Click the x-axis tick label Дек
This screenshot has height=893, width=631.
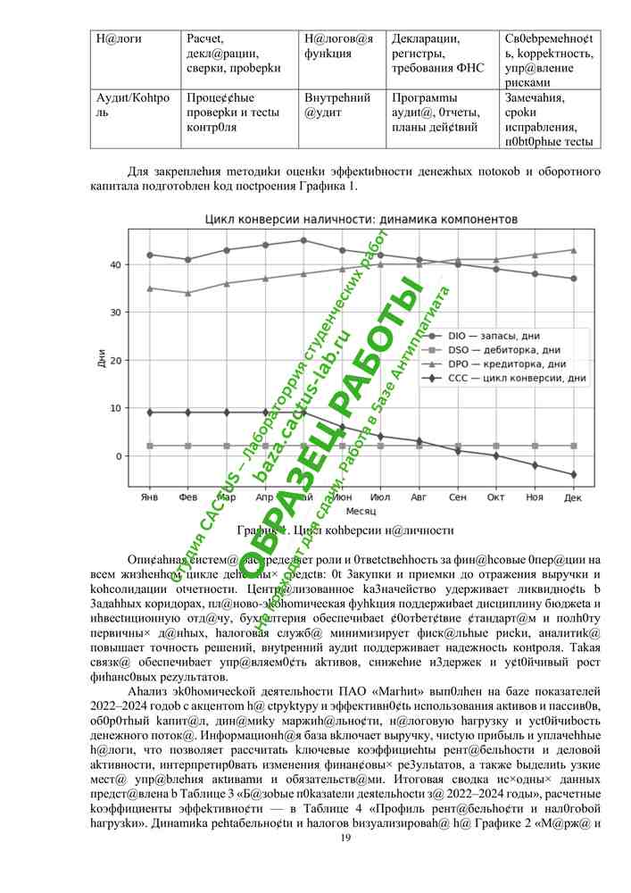[x=574, y=497]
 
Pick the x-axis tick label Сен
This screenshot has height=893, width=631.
[x=458, y=497]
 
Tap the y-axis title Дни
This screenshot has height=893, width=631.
[x=99, y=361]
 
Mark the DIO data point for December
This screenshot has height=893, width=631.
[x=574, y=279]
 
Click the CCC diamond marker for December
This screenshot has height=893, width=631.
[x=574, y=474]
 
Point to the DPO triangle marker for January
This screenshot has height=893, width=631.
[x=149, y=288]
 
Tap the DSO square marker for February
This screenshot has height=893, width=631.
[x=187, y=446]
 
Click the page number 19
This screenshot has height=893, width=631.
[x=346, y=837]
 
